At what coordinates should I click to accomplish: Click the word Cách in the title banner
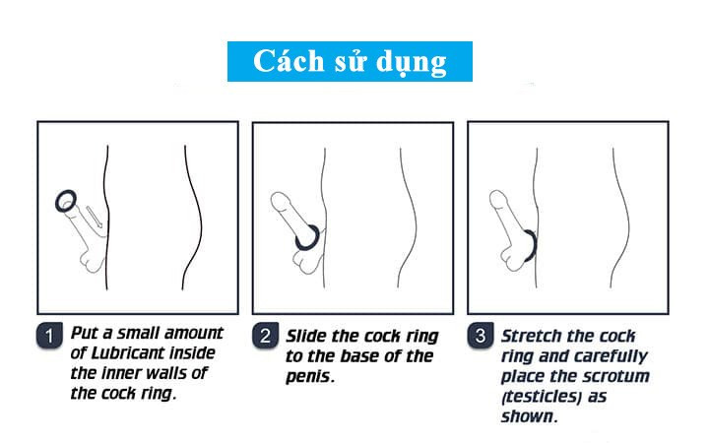285,61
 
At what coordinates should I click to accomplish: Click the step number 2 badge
264,336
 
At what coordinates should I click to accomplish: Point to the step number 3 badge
481,336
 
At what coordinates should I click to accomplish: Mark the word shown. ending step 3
530,416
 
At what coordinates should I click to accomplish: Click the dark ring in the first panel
66,201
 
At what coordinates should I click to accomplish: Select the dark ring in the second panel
306,236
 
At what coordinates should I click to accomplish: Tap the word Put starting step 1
87,332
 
